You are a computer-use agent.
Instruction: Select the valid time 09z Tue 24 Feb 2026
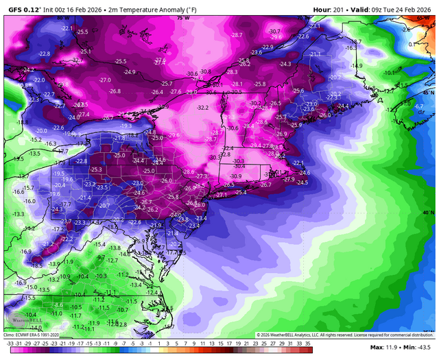405,5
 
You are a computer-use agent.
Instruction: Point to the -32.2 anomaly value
203,108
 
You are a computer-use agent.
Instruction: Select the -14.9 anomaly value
357,66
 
